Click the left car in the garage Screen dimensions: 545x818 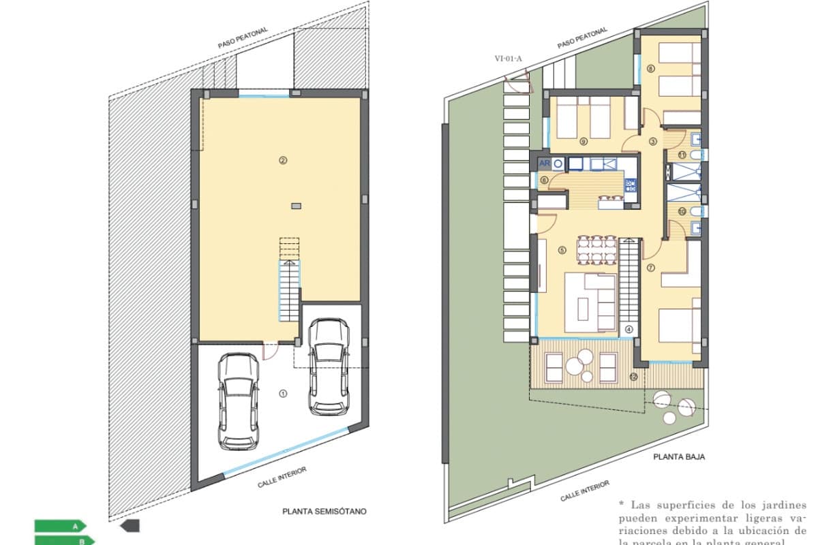[238, 401]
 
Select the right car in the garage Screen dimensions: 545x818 [328, 367]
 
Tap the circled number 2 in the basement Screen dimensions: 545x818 [282, 161]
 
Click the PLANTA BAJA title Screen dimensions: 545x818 [679, 457]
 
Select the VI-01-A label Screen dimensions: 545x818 [509, 59]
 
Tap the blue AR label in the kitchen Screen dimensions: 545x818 [545, 163]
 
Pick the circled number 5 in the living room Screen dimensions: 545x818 [562, 250]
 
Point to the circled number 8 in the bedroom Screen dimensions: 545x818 [651, 68]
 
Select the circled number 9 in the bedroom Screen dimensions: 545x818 [584, 142]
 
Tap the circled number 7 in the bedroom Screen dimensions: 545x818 [651, 268]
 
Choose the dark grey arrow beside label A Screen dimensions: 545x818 [130, 525]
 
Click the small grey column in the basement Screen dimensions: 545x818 [296, 205]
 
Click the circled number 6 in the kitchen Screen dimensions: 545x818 [545, 180]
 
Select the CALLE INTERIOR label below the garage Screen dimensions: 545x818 [282, 478]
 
